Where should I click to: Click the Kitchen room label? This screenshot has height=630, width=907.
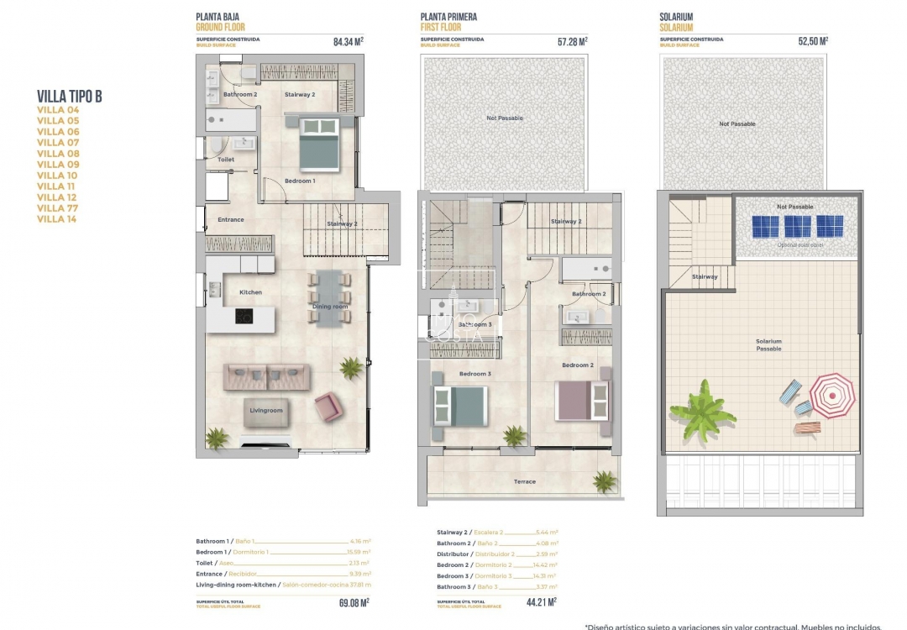(x=250, y=292)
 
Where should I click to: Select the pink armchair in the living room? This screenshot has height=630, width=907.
(x=327, y=408)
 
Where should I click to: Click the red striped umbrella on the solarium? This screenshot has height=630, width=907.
(x=831, y=395)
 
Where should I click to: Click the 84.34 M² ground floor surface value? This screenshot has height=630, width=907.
(x=348, y=40)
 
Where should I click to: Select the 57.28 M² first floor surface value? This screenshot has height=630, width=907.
(x=572, y=40)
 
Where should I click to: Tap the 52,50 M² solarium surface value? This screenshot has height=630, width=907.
(x=813, y=40)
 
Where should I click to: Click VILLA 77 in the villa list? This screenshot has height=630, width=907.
(x=58, y=208)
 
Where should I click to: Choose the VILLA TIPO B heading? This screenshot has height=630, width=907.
(x=70, y=97)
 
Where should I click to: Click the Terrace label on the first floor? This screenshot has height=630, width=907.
(x=525, y=481)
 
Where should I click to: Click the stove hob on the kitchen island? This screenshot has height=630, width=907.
(x=243, y=317)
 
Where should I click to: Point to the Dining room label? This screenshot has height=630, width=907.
(x=329, y=307)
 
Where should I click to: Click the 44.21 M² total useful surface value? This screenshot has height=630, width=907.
(x=540, y=601)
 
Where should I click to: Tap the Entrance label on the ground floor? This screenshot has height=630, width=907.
(x=230, y=220)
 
